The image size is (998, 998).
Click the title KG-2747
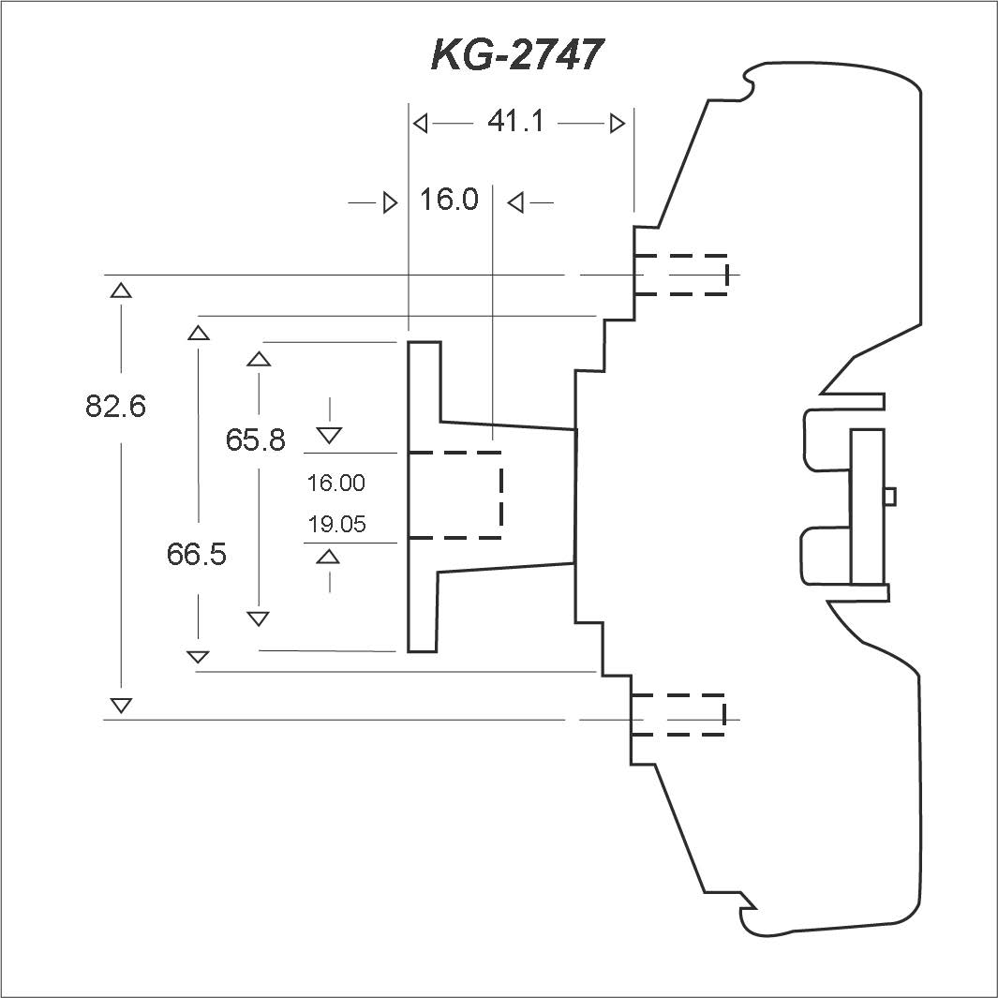pos(516,54)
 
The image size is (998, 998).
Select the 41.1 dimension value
pos(515,121)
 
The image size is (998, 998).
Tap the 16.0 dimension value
pos(449,200)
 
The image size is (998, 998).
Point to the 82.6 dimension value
pos(116,406)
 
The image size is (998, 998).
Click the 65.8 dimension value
pos(255,439)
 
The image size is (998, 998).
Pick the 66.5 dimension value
pos(197,554)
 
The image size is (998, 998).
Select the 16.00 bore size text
pos(336,484)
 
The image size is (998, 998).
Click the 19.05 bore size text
pos(336,525)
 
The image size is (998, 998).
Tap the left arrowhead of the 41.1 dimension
pos(420,124)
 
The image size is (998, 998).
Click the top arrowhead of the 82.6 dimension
pos(121,290)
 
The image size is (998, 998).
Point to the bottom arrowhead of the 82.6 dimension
pos(121,706)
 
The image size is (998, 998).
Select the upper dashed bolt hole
pos(681,275)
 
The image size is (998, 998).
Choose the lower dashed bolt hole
pos(678,715)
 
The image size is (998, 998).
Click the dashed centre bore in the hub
pos(455,495)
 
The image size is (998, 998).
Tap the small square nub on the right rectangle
pos(890,496)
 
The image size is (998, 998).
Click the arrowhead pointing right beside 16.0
pos(391,203)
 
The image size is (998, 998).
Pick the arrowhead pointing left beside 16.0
pos(514,203)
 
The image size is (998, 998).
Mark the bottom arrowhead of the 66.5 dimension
pos(198,657)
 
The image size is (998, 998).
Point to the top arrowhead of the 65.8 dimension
pos(259,359)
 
